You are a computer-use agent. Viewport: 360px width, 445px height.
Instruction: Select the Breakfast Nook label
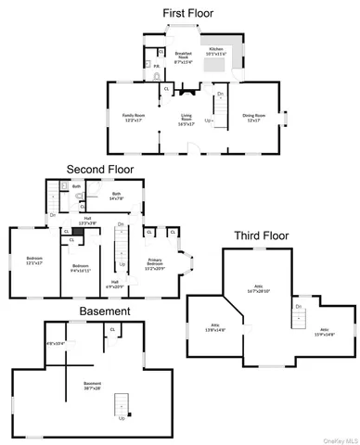183,55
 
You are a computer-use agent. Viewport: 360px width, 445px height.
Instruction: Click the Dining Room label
253,118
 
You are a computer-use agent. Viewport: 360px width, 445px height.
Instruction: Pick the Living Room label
186,120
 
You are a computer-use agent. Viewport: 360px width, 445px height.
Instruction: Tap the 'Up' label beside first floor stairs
208,121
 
